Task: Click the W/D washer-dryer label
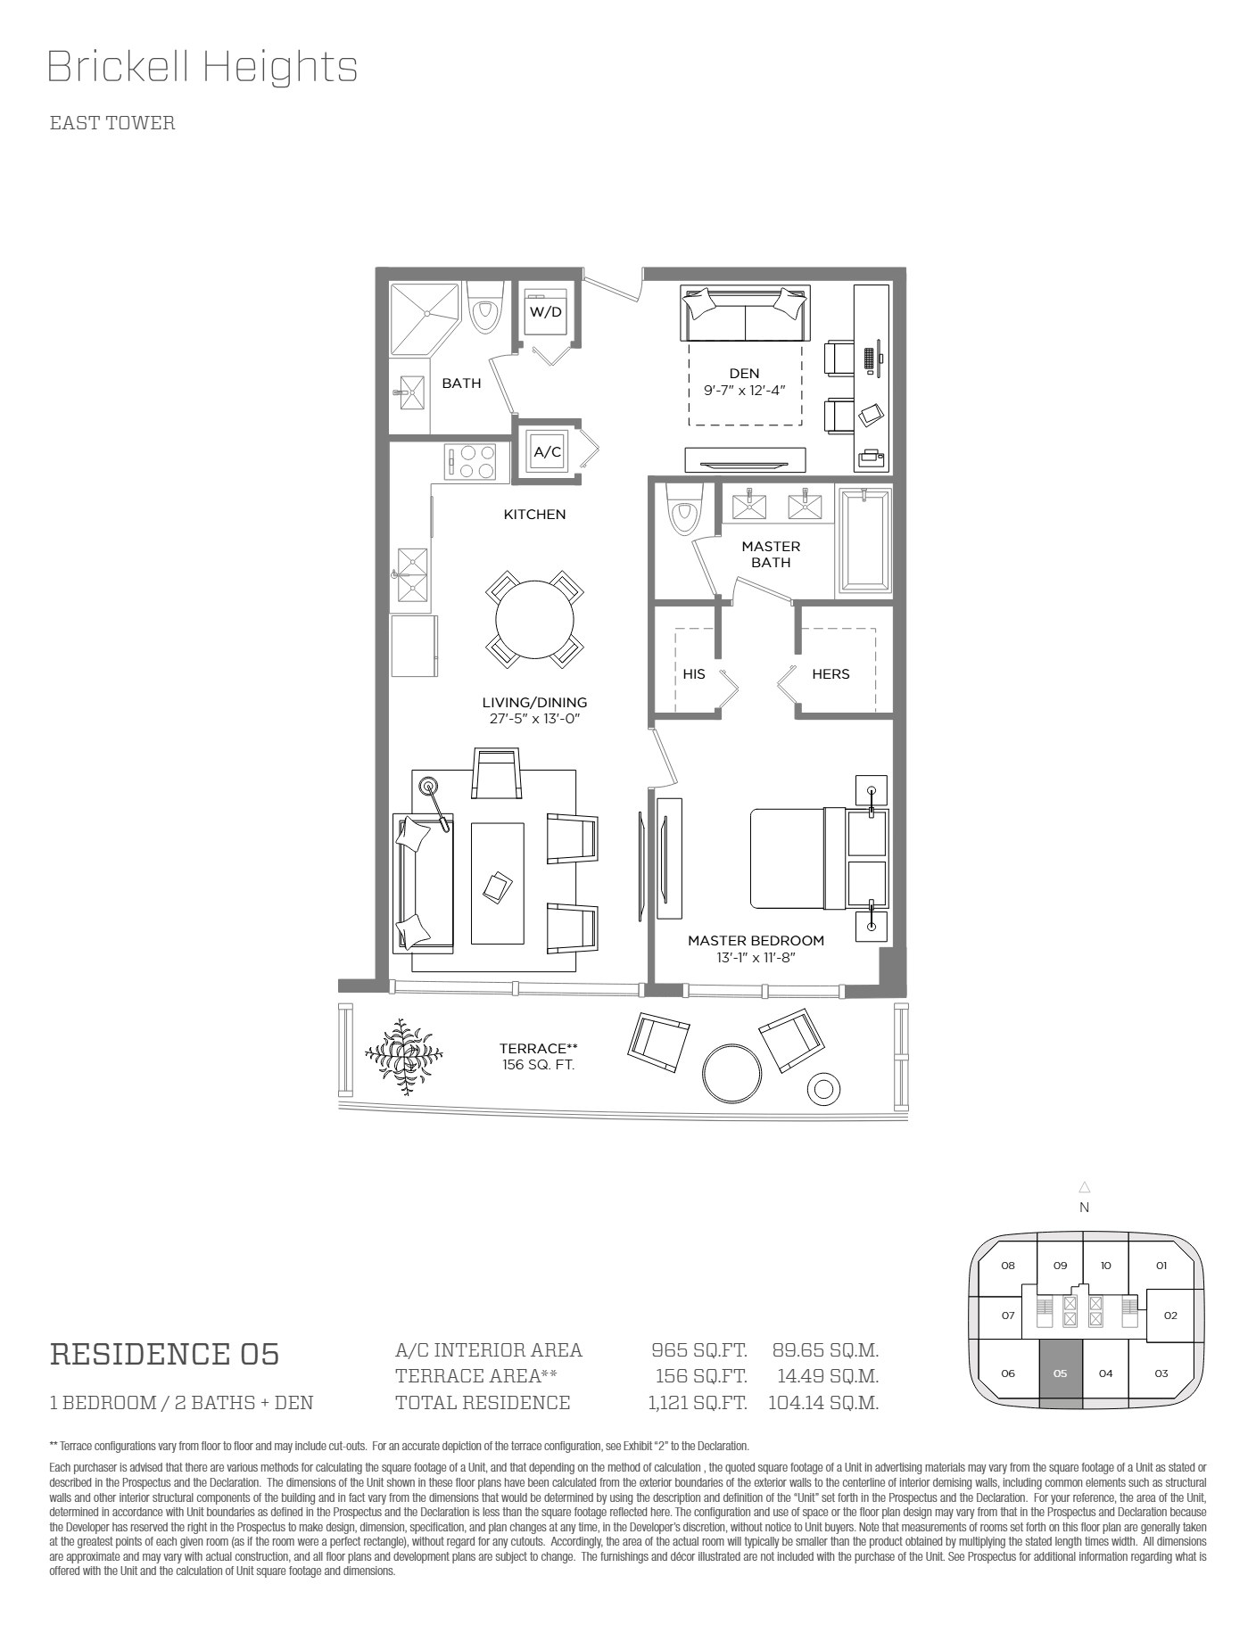pos(546,312)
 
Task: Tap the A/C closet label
pos(548,452)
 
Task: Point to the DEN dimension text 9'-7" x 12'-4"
pos(744,390)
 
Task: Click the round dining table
pos(535,619)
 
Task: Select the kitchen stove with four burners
pos(471,463)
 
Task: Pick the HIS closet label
pos(694,674)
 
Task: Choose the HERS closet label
pos(830,674)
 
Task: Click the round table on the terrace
pos(732,1073)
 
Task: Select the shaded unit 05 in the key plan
pos(1061,1373)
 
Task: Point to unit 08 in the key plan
pos(1008,1265)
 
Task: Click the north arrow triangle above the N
pos(1085,1187)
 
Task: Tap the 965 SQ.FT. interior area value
pos(699,1350)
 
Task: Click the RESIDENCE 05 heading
pos(165,1354)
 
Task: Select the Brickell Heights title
pos(202,67)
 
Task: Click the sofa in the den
pos(745,313)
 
